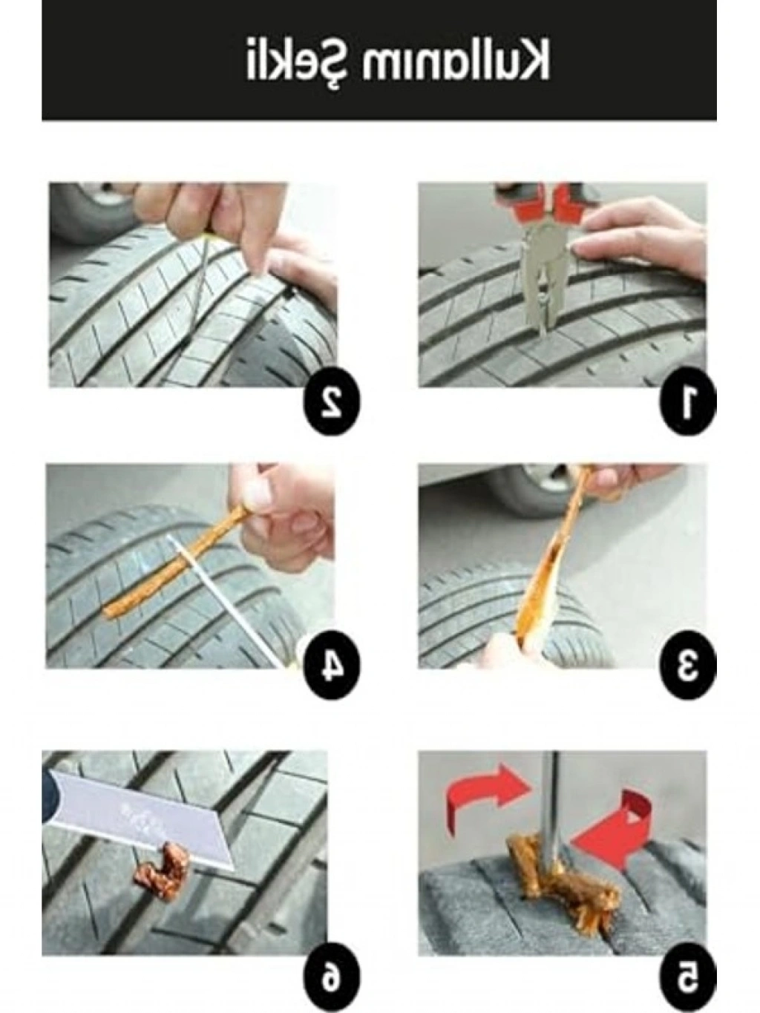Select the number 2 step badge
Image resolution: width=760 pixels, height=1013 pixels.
click(330, 404)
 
